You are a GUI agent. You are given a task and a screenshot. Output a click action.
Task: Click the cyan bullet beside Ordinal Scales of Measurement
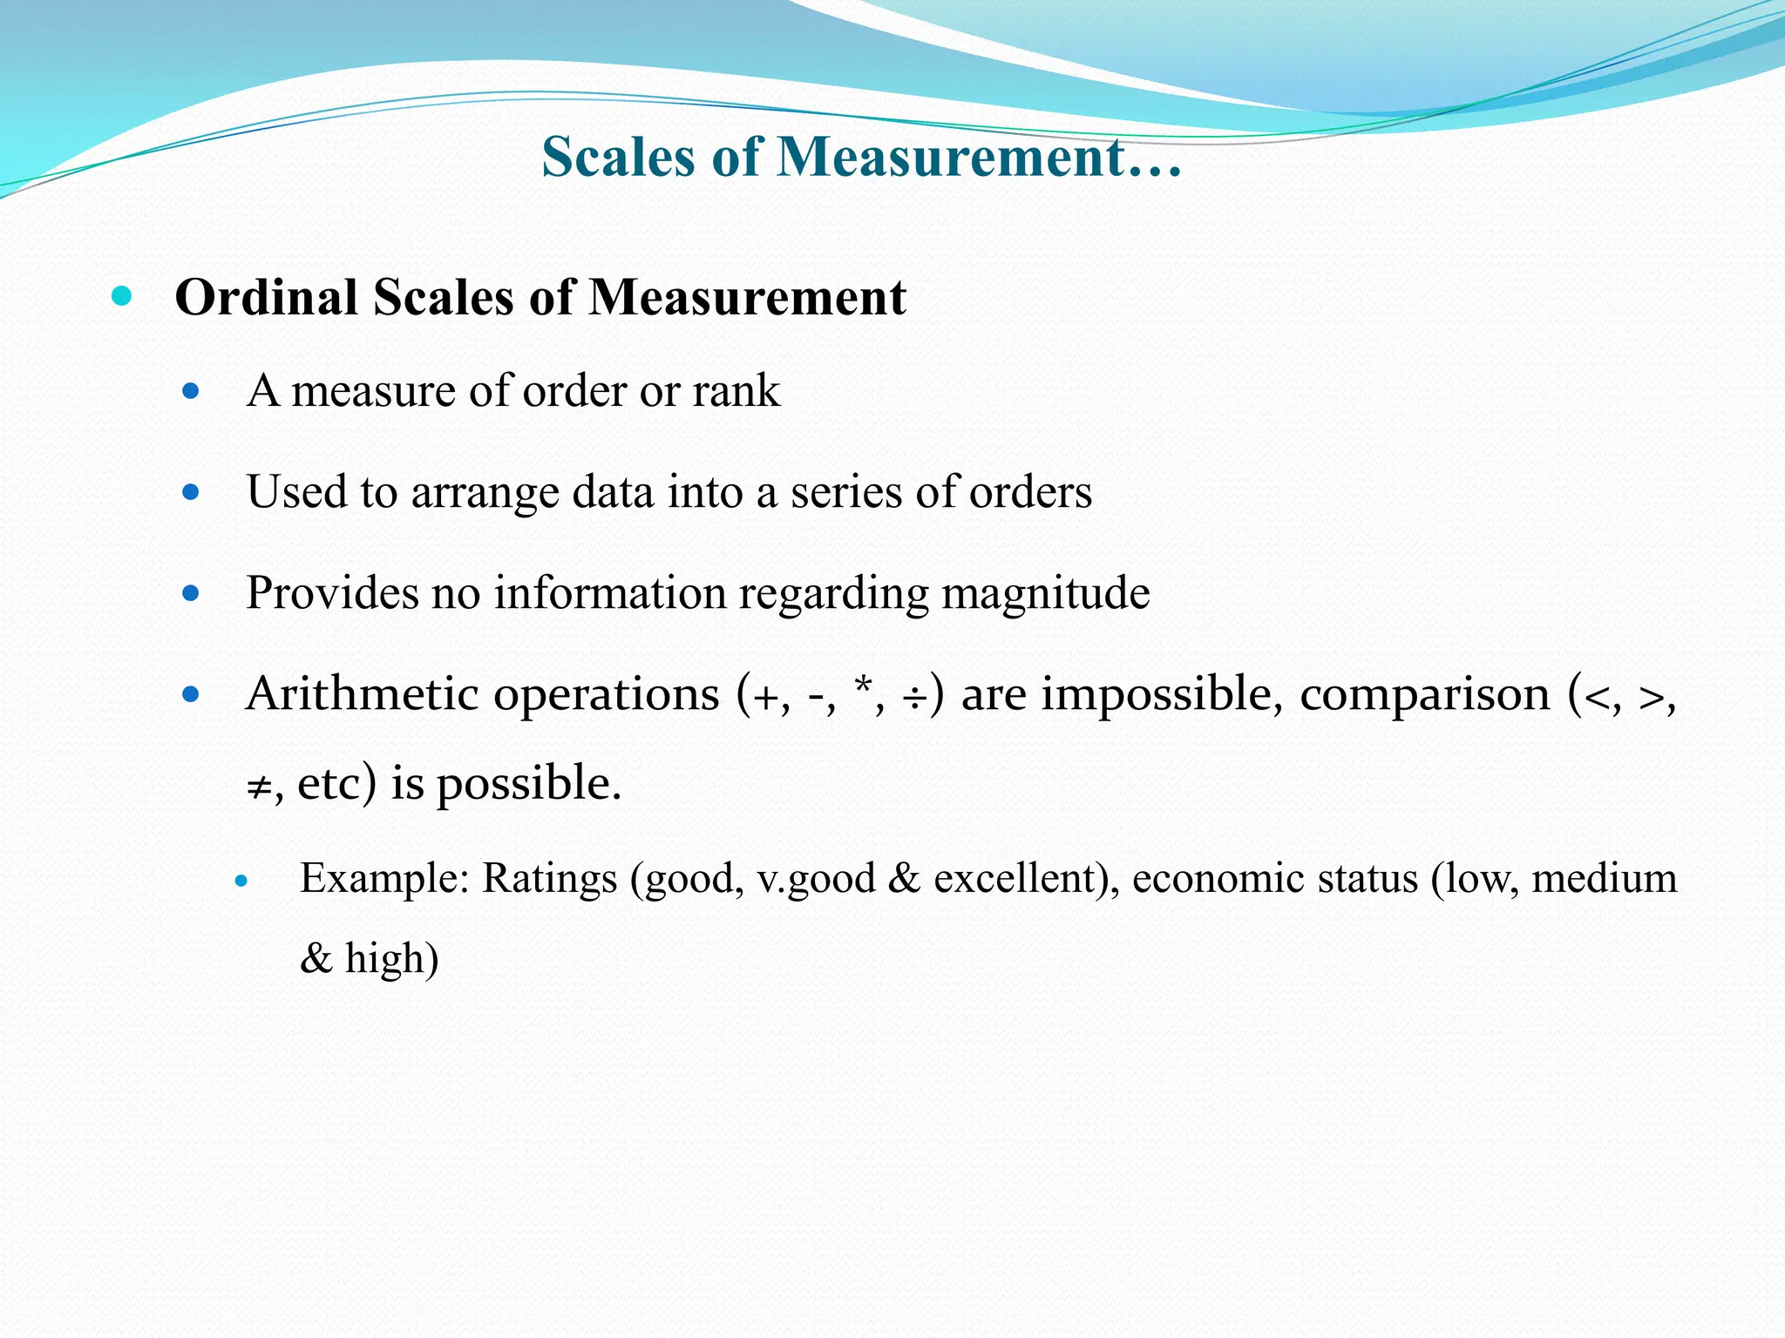(122, 296)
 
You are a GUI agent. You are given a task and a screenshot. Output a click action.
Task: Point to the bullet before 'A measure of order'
(191, 391)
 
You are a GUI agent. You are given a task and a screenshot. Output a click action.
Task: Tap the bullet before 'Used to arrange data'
(191, 493)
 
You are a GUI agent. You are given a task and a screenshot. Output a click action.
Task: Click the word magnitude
(1046, 594)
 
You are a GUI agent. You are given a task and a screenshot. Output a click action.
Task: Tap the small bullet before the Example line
(242, 882)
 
